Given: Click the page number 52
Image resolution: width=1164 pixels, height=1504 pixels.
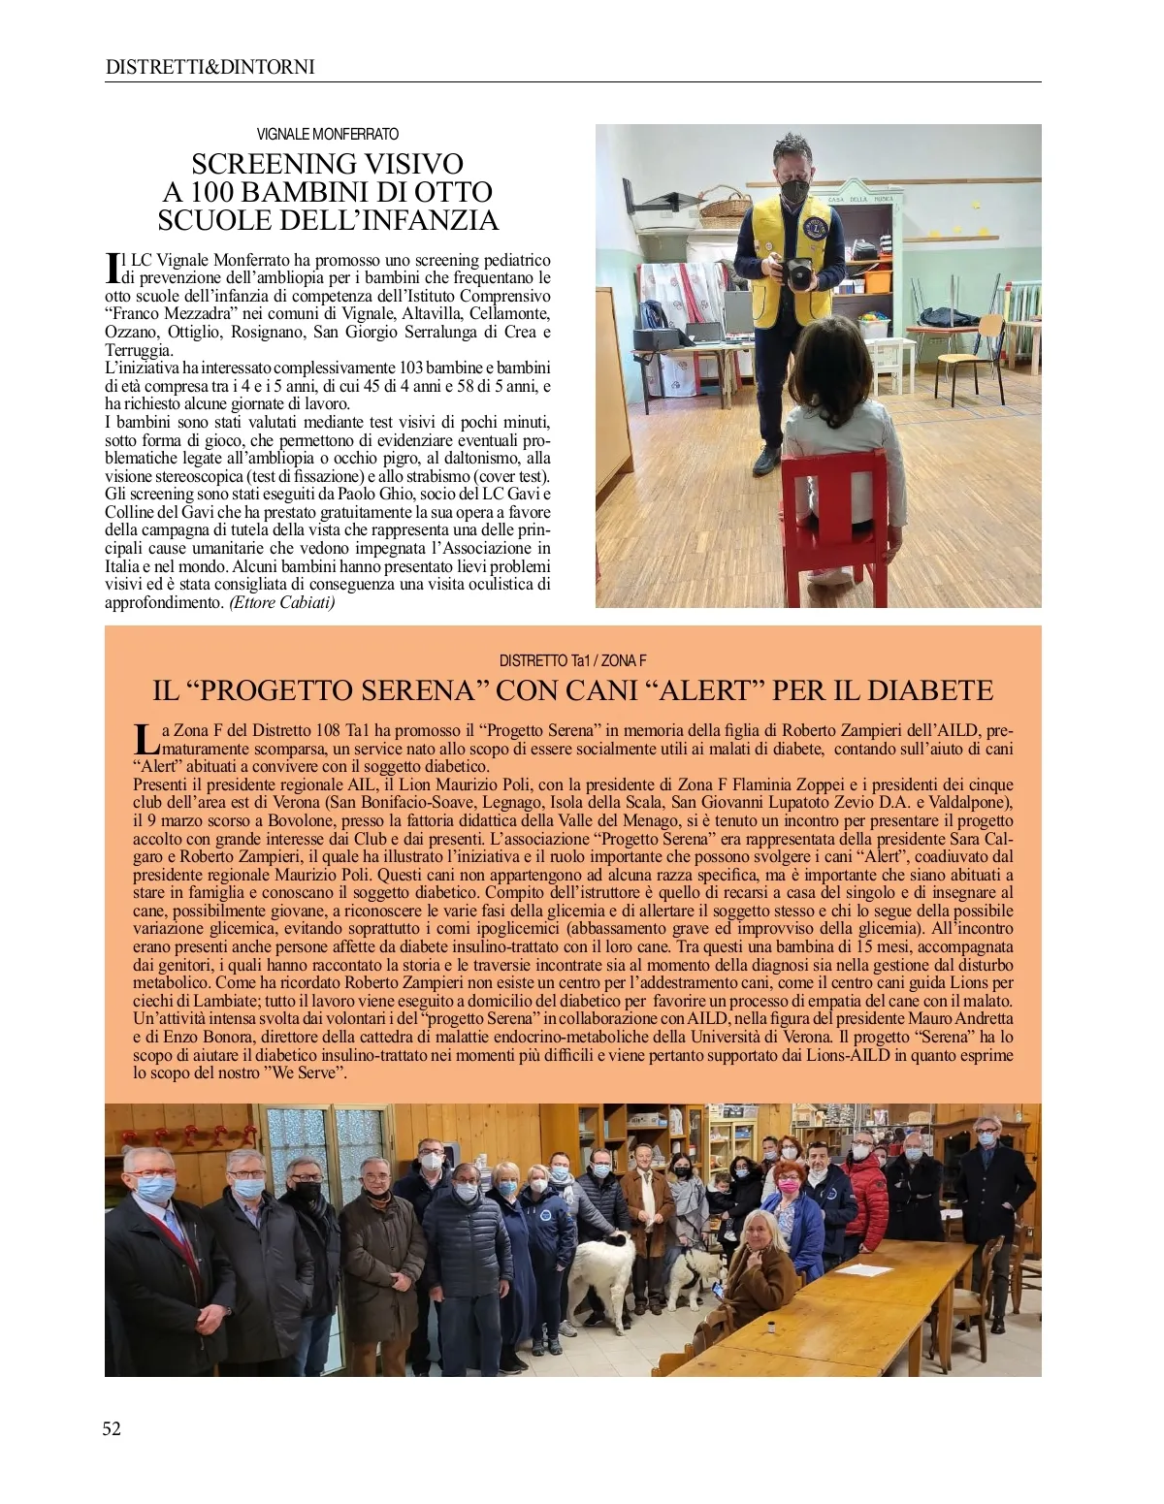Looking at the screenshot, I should pos(113,1427).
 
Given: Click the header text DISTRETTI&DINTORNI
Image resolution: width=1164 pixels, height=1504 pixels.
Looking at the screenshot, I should pos(210,67).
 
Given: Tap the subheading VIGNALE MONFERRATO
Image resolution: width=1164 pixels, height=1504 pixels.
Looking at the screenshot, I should pos(327,134).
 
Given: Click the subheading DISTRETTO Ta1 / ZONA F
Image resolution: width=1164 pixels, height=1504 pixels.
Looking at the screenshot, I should pos(572,660).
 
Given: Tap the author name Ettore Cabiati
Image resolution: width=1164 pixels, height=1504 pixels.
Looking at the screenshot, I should pos(282,602).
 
